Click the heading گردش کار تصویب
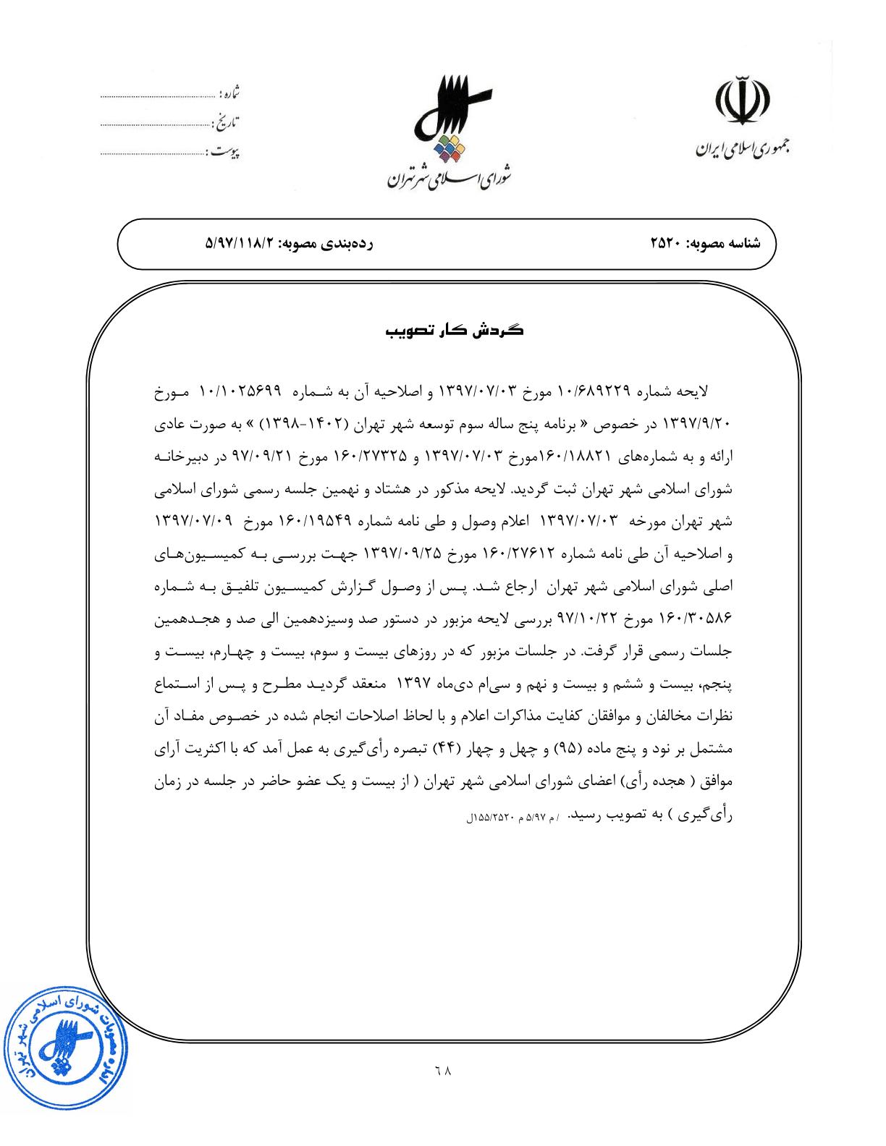tap(454, 331)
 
